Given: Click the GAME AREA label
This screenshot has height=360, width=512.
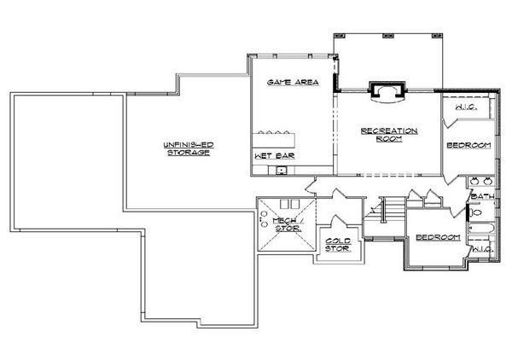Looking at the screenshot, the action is click(x=293, y=82).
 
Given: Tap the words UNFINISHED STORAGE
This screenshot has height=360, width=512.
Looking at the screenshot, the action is click(x=189, y=148).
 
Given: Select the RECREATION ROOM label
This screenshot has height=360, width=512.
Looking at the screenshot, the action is click(x=389, y=135).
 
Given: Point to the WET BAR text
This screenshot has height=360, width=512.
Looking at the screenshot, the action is click(x=274, y=155).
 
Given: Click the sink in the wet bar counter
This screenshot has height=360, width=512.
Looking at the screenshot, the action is click(x=281, y=171).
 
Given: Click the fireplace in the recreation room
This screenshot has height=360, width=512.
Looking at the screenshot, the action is click(x=387, y=93).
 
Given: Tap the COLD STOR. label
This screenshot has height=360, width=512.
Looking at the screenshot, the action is click(x=338, y=245).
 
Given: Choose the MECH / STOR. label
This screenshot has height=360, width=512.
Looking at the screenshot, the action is click(x=288, y=224).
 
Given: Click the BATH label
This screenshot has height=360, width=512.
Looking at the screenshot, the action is click(x=482, y=196).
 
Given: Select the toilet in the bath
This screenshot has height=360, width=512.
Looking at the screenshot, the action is click(x=475, y=212).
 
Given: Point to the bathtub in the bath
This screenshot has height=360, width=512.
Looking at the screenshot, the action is click(x=482, y=228).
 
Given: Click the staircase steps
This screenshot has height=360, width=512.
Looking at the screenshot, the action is click(x=393, y=208).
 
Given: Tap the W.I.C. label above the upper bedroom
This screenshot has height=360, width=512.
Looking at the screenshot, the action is click(x=466, y=107).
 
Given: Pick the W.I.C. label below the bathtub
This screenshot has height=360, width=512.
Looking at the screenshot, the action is click(x=483, y=249).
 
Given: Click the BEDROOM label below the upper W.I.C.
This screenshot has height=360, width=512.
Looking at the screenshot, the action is click(x=468, y=145).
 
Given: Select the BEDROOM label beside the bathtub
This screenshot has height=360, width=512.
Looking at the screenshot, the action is click(x=439, y=237).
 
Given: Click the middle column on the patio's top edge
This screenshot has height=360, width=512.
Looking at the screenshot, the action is click(x=388, y=35).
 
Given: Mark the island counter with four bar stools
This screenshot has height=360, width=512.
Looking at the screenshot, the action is click(x=274, y=139).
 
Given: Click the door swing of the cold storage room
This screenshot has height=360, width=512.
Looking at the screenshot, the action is click(x=339, y=221).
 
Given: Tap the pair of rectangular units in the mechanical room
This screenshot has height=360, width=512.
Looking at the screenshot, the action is click(x=289, y=204).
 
